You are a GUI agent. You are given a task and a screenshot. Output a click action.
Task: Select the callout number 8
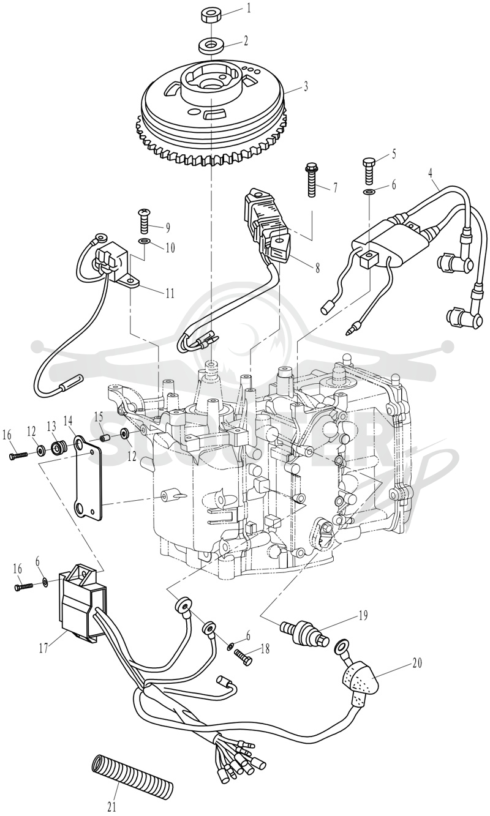pyautogui.click(x=317, y=269)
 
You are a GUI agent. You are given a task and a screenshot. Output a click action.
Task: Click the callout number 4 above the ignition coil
pyautogui.click(x=431, y=173)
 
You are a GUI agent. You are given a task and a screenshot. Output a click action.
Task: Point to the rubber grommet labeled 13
pyautogui.click(x=57, y=447)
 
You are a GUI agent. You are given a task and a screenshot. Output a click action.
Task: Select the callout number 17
pyautogui.click(x=43, y=649)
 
